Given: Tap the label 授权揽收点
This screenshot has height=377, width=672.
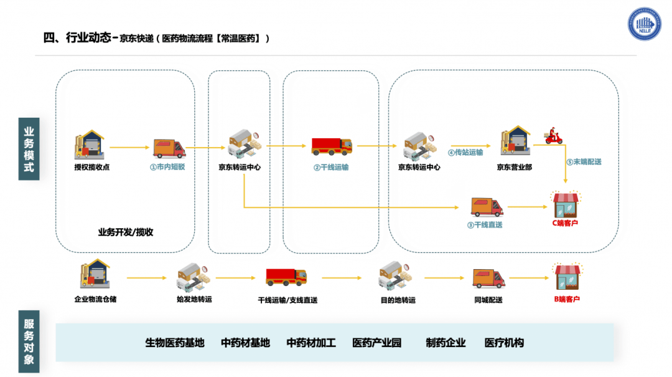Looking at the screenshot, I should pyautogui.click(x=91, y=167).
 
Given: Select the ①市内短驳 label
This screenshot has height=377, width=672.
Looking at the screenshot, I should pyautogui.click(x=167, y=167).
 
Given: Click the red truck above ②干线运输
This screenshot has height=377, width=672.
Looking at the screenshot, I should pyautogui.click(x=332, y=146).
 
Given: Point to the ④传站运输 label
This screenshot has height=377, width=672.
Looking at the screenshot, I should pyautogui.click(x=465, y=152).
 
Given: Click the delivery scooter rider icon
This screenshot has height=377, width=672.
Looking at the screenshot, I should pyautogui.click(x=553, y=136).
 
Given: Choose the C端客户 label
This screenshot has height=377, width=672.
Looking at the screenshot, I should pyautogui.click(x=566, y=222).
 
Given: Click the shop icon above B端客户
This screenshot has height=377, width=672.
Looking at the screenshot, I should pyautogui.click(x=566, y=277).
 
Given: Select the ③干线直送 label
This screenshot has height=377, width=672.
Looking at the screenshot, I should pyautogui.click(x=485, y=225).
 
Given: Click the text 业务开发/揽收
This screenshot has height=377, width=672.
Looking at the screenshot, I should pyautogui.click(x=126, y=232).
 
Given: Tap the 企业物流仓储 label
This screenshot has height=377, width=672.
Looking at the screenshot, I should pyautogui.click(x=95, y=299).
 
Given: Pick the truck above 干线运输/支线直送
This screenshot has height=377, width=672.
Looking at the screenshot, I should pyautogui.click(x=286, y=277).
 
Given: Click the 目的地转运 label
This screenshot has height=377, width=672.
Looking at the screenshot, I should pyautogui.click(x=398, y=300).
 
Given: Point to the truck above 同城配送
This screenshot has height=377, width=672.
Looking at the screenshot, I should pyautogui.click(x=488, y=278).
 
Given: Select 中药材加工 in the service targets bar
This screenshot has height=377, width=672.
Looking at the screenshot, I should pyautogui.click(x=311, y=343).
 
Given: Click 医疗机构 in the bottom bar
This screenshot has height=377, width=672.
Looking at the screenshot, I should pyautogui.click(x=504, y=343).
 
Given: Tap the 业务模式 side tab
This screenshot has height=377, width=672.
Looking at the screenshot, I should pyautogui.click(x=29, y=150).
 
